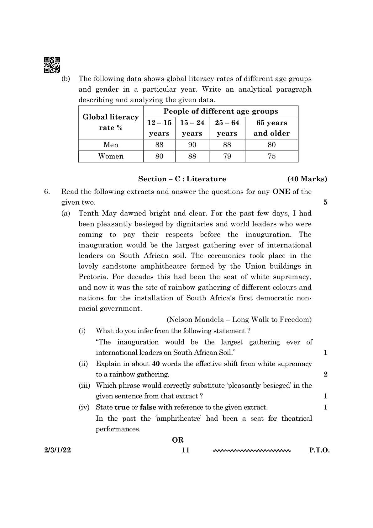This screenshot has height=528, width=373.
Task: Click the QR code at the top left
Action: [52, 65]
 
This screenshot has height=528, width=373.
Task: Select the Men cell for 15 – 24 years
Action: [192, 145]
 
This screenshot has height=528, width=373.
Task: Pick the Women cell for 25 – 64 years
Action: [227, 156]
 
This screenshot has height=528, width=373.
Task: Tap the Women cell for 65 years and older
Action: [271, 156]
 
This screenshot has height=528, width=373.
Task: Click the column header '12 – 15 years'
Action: [159, 128]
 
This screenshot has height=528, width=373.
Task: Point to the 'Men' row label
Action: [111, 145]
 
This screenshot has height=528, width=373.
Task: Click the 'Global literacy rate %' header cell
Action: [111, 122]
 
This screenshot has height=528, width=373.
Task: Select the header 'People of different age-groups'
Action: [221, 111]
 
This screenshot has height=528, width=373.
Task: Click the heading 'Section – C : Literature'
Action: [182, 179]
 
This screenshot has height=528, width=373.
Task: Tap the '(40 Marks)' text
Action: [307, 179]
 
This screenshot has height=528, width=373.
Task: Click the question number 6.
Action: [47, 192]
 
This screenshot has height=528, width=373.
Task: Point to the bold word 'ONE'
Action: [281, 192]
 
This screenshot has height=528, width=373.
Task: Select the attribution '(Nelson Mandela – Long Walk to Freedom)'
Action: [239, 320]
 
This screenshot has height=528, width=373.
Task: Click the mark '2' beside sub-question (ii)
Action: [325, 374]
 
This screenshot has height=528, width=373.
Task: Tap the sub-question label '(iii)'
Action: [84, 386]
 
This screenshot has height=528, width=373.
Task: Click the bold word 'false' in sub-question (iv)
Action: [148, 408]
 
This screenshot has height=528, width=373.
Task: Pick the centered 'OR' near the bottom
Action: [178, 440]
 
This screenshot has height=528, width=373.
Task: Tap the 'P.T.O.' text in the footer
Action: [319, 450]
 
